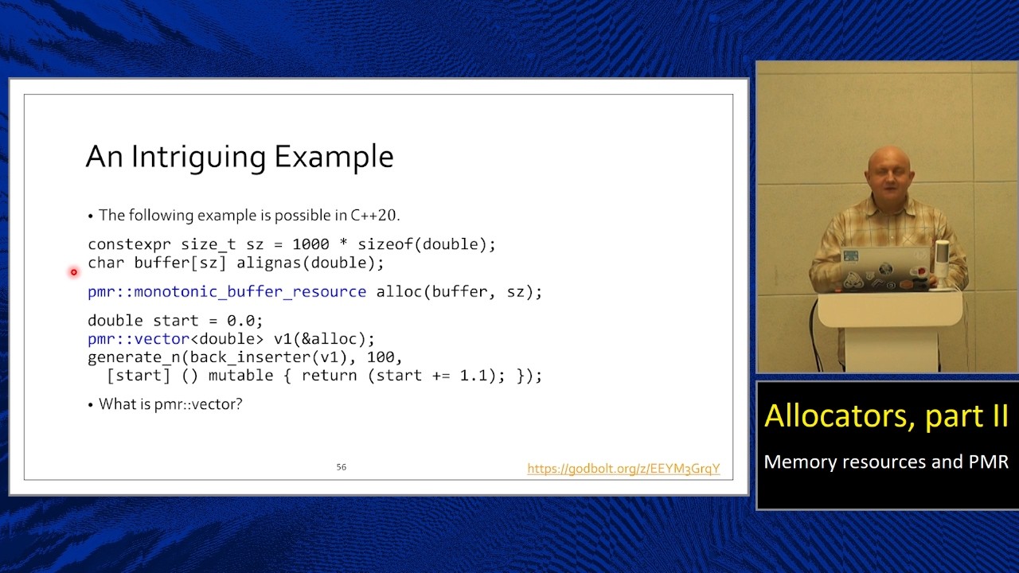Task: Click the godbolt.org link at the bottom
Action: [623, 469]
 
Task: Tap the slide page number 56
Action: [341, 467]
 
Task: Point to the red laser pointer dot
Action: [73, 272]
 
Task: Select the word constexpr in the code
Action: [129, 244]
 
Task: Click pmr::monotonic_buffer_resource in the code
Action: [227, 292]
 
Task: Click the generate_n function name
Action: [134, 357]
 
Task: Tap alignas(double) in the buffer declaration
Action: [310, 263]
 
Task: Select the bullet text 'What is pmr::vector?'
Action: [170, 404]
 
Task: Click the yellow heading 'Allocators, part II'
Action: [886, 416]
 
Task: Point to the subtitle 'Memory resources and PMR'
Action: [886, 462]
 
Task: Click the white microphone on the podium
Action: [942, 263]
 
